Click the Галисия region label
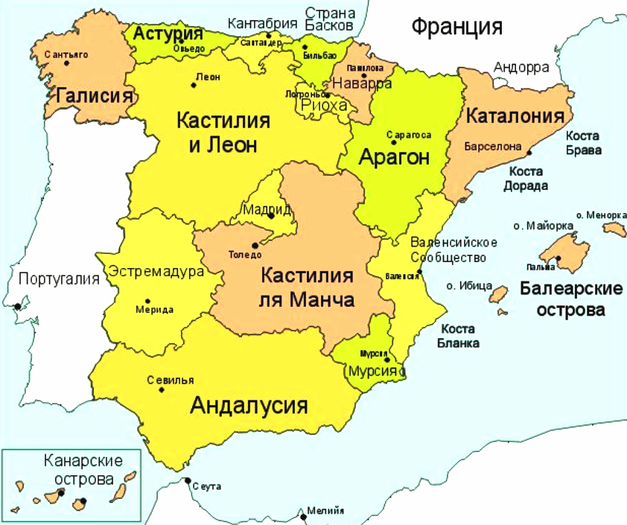pyautogui.click(x=95, y=97)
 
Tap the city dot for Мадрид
pyautogui.click(x=271, y=217)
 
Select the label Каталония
pyautogui.click(x=515, y=117)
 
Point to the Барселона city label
pyautogui.click(x=492, y=147)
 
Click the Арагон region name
pyautogui.click(x=395, y=157)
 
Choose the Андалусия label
pyautogui.click(x=249, y=406)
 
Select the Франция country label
pyautogui.click(x=456, y=28)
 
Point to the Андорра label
pyautogui.click(x=521, y=68)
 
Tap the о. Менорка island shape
pyautogui.click(x=614, y=228)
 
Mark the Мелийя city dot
pyautogui.click(x=303, y=517)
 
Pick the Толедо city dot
pyautogui.click(x=255, y=244)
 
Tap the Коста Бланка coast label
pyautogui.click(x=460, y=336)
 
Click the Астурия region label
pyautogui.click(x=168, y=34)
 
